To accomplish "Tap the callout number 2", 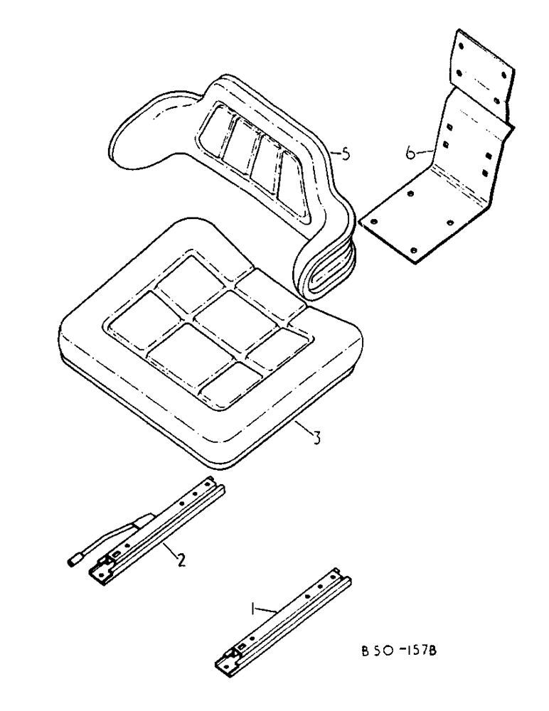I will point(181,560).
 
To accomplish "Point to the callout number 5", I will point(345,154).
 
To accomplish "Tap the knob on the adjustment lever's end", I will point(73,562).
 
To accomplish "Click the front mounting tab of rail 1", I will point(226,665).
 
